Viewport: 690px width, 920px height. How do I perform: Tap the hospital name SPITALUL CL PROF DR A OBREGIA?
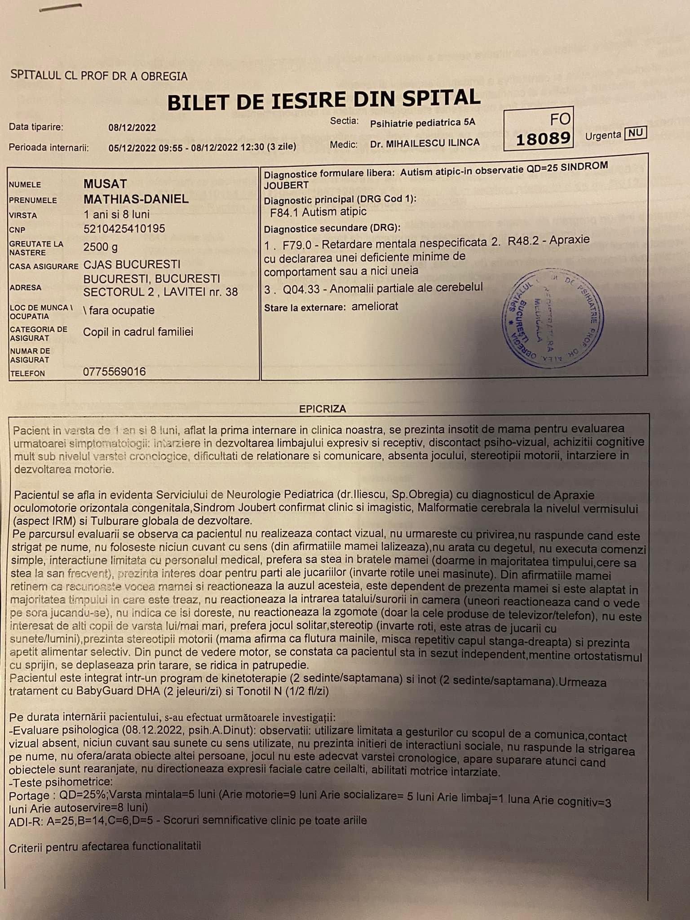98,76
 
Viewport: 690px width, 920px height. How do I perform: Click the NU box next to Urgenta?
635,133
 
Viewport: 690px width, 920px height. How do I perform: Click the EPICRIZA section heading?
323,409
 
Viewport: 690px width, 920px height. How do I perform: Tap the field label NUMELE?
25,185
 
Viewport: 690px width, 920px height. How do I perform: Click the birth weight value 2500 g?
101,247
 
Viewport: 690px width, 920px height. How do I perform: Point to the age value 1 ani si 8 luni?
116,214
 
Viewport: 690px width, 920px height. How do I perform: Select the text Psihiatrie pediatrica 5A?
422,123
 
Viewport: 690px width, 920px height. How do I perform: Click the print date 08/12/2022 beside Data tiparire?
132,128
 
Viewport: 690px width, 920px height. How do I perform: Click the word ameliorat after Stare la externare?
375,307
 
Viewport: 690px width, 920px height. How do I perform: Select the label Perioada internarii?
49,147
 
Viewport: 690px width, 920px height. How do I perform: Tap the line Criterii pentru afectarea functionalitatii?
105,846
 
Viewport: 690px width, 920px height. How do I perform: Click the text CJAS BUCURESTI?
132,264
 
